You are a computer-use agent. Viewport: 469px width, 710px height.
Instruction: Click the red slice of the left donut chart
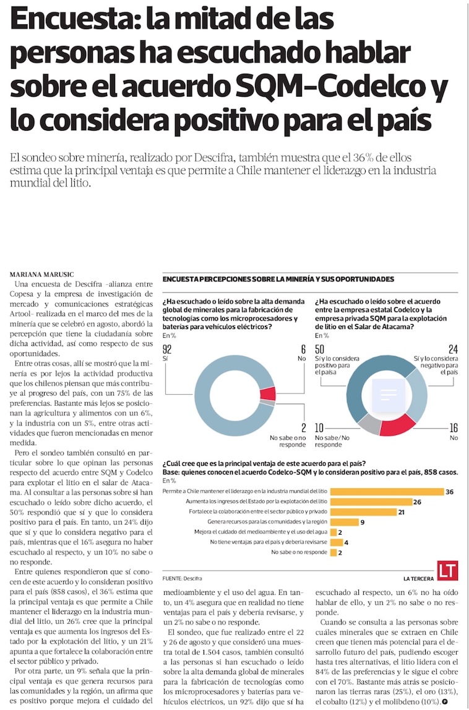(x=267, y=394)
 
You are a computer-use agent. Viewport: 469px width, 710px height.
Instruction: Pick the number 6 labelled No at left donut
(x=303, y=349)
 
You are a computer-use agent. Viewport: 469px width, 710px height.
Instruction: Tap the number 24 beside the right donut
(x=452, y=349)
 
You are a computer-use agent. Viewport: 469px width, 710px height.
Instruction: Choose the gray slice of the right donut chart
(x=369, y=423)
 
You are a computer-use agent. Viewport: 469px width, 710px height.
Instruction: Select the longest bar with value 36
(x=387, y=491)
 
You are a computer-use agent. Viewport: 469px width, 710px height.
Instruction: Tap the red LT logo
(x=447, y=571)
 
